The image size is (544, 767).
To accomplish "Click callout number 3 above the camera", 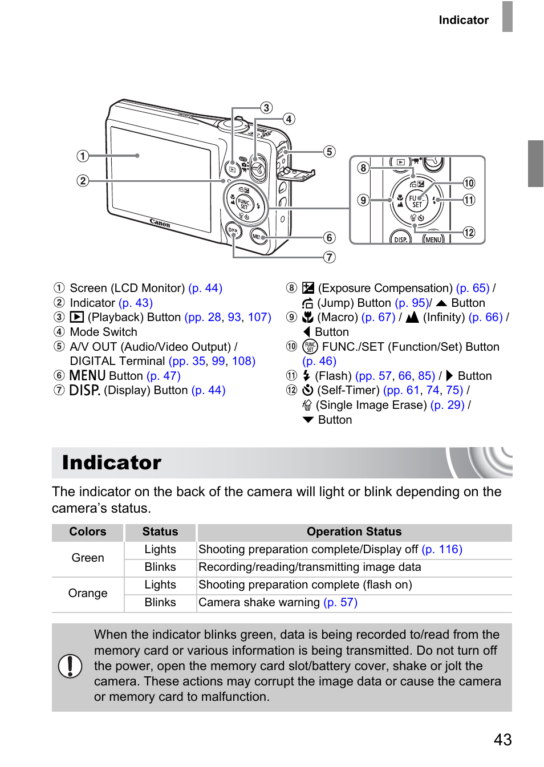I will [266, 108].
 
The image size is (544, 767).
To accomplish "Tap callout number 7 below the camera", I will [330, 257].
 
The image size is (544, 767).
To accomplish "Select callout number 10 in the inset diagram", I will [469, 183].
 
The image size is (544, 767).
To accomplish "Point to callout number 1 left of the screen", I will [83, 156].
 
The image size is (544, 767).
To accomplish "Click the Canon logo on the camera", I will [160, 223].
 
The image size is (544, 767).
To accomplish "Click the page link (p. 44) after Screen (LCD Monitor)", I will [205, 288].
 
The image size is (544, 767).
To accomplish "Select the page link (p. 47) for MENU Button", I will [164, 376].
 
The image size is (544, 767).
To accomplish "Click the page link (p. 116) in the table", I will [442, 549].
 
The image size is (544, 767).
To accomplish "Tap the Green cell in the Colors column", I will [88, 558].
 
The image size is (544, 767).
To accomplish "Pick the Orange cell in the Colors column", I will [88, 593].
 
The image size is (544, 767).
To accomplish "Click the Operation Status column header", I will [354, 531].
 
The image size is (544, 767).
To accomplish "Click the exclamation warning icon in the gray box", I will [70, 665].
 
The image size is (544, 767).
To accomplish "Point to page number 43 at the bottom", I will [502, 740].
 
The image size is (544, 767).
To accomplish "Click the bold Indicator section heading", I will [112, 462].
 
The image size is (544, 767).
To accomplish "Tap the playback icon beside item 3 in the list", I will [77, 317].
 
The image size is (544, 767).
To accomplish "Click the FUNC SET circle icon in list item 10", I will [310, 347].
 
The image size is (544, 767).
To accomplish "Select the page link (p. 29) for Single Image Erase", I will [448, 405].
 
